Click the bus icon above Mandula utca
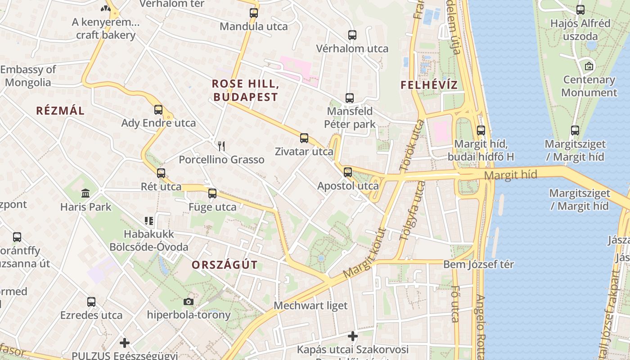click(254, 13)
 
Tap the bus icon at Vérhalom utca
click(352, 35)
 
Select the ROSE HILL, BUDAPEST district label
click(245, 90)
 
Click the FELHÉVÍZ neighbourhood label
click(429, 85)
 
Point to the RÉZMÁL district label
click(60, 111)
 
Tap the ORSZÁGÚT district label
click(225, 265)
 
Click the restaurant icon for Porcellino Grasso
click(221, 146)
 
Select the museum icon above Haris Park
click(85, 193)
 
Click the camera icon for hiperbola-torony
click(189, 301)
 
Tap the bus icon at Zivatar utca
click(304, 138)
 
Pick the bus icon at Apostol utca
click(347, 172)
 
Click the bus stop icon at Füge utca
click(212, 193)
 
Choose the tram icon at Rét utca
click(161, 173)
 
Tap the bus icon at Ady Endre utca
click(158, 109)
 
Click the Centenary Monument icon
click(589, 66)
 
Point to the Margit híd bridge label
click(511, 175)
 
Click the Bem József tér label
click(478, 264)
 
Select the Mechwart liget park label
click(310, 306)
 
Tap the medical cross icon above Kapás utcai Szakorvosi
click(353, 336)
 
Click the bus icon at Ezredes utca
click(91, 301)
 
